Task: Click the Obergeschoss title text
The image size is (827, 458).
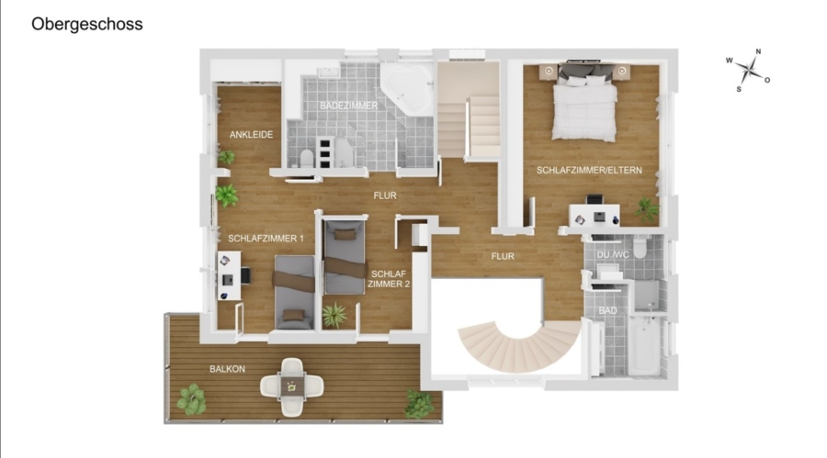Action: (87, 24)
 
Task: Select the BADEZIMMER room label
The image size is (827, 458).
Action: (348, 106)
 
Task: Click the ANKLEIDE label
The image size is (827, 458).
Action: (251, 134)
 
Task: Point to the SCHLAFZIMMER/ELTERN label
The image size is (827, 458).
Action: (589, 170)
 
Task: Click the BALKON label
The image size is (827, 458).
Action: (227, 369)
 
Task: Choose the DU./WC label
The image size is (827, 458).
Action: (613, 254)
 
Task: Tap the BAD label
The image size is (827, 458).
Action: (607, 311)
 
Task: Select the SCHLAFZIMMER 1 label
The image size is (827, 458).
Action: (266, 239)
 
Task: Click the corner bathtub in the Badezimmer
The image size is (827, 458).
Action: (408, 87)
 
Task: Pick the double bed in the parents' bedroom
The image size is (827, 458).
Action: (584, 102)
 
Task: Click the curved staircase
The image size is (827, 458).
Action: (518, 345)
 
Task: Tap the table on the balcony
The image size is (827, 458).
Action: (291, 386)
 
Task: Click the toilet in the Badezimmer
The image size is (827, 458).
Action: (306, 157)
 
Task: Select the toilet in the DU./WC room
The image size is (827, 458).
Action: (639, 248)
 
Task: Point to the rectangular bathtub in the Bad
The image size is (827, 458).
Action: (644, 346)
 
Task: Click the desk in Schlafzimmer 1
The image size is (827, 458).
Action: (230, 275)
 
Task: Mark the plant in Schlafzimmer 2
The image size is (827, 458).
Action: (334, 315)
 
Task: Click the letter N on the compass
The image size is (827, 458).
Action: (758, 51)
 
